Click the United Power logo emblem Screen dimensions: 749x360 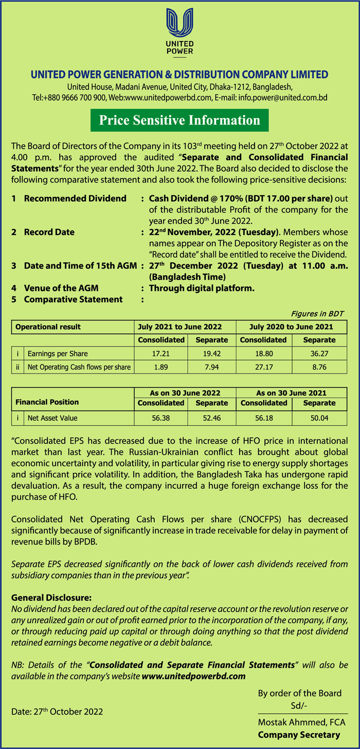[x=180, y=23]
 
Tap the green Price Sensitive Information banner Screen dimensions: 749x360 [x=179, y=120]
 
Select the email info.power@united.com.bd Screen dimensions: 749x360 [x=282, y=97]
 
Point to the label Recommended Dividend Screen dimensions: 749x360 [x=75, y=198]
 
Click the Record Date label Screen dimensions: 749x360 [x=49, y=232]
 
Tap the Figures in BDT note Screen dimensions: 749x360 [x=317, y=313]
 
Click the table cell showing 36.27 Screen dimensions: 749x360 [x=319, y=353]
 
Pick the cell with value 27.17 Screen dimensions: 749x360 [x=264, y=367]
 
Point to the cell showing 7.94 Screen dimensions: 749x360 [x=212, y=367]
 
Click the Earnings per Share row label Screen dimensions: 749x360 [x=58, y=353]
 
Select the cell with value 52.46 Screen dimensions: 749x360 [x=212, y=418]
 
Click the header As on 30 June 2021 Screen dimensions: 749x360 [x=291, y=393]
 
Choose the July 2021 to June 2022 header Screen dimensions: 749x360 [x=185, y=327]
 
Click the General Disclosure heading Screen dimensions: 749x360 [x=51, y=598]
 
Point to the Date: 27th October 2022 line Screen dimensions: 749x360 [x=57, y=712]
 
